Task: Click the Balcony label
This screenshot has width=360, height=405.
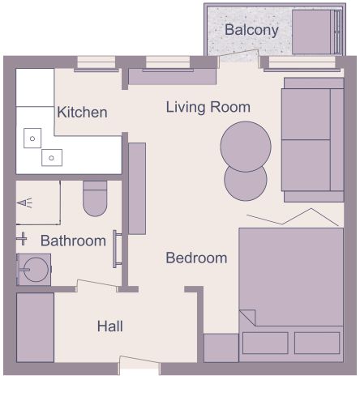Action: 251,31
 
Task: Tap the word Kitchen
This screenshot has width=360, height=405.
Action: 82,113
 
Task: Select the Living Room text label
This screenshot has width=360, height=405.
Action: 208,107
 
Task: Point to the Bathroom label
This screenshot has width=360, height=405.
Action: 73,241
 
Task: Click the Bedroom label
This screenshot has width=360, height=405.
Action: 196,258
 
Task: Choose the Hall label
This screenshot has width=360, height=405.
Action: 110,326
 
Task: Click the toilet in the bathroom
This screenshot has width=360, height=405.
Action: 95,198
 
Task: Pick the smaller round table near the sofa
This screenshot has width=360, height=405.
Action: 245,183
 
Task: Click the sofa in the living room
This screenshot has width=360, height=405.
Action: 312,140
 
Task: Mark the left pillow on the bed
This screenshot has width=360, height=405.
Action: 265,343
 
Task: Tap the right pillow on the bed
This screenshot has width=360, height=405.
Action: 317,343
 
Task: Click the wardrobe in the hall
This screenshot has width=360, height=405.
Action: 36,327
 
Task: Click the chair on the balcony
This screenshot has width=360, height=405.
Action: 312,32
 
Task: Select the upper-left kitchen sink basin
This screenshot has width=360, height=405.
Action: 32,138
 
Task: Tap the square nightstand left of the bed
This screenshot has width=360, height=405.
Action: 221,347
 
